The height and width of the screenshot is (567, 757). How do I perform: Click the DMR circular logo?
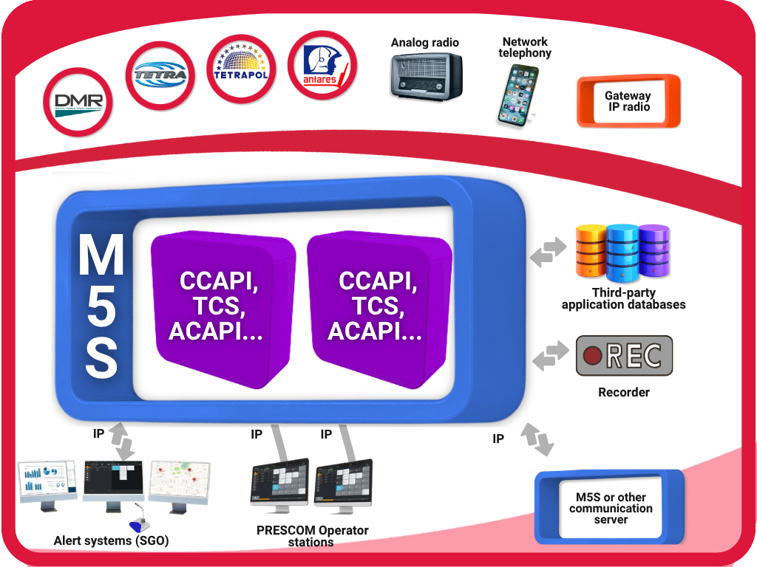tap(78, 102)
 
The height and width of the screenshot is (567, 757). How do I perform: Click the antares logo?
tap(322, 66)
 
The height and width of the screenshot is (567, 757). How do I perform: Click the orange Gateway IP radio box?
tap(628, 101)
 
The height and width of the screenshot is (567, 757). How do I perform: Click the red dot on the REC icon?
tap(593, 356)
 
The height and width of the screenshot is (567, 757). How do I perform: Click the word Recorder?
tap(624, 393)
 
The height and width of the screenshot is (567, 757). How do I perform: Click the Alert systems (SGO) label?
tap(112, 541)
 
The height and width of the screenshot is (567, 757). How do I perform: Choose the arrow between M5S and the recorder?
tap(550, 357)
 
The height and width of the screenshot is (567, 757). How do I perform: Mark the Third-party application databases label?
tap(623, 299)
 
